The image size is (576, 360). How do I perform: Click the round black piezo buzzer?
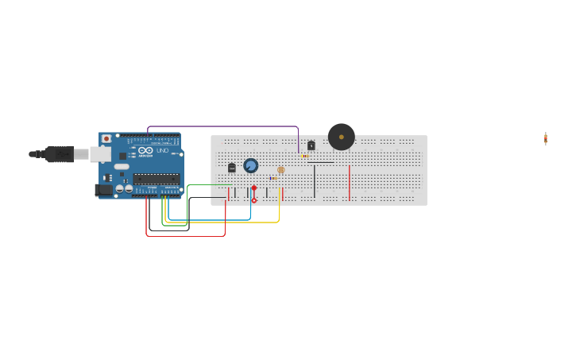[x=342, y=137]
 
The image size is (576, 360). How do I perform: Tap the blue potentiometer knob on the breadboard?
[x=250, y=165]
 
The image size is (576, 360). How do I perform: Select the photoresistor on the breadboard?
[x=280, y=169]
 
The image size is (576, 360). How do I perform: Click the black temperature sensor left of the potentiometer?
[x=232, y=168]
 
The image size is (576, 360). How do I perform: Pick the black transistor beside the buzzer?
[x=311, y=145]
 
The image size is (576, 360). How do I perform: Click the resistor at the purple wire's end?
[x=304, y=156]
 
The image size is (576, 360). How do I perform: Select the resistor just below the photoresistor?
[x=273, y=178]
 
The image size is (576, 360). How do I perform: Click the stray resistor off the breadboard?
[x=546, y=138]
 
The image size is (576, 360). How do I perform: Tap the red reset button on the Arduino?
[x=106, y=138]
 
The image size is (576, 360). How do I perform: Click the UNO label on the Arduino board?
[x=161, y=150]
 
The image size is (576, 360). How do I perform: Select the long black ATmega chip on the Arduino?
[x=156, y=179]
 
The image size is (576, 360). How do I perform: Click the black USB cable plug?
[x=60, y=154]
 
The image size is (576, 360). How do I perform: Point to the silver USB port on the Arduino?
[x=100, y=153]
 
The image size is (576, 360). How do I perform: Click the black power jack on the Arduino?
[x=102, y=190]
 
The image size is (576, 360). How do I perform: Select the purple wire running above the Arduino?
[x=222, y=126]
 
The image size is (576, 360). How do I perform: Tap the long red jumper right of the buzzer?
[x=349, y=183]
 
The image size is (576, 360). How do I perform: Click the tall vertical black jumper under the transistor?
[x=314, y=181]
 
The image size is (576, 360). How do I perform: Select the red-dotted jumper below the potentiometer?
[x=254, y=194]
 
